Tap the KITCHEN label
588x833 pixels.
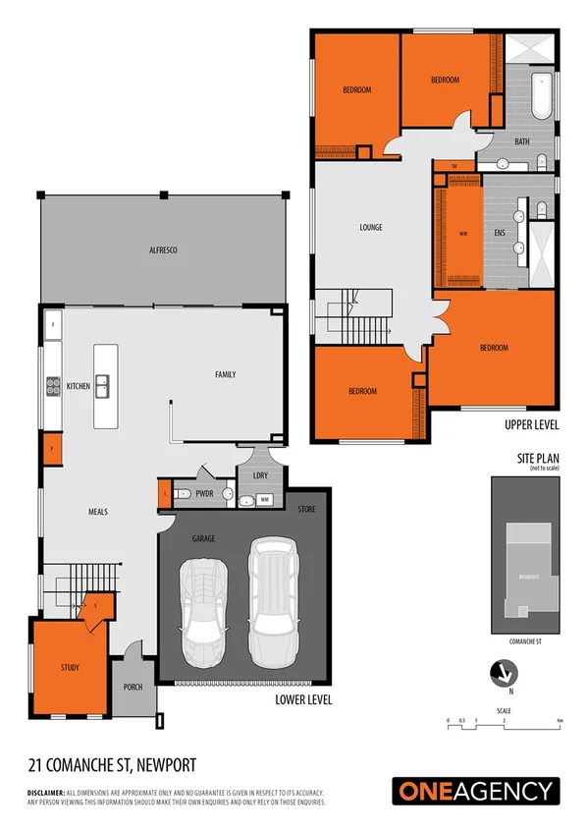click(x=78, y=386)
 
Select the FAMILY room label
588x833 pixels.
click(x=225, y=374)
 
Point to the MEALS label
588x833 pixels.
click(x=97, y=512)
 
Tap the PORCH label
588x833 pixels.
click(x=134, y=687)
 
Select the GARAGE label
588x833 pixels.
click(x=203, y=539)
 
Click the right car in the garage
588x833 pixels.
click(x=273, y=600)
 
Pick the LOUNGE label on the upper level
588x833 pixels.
click(x=370, y=227)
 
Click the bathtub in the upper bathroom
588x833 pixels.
click(x=541, y=95)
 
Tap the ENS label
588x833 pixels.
click(x=499, y=233)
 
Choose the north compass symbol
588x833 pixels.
click(x=504, y=673)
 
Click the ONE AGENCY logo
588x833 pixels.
click(x=476, y=791)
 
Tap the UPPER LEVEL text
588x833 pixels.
click(x=531, y=424)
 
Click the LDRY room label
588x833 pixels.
click(x=259, y=476)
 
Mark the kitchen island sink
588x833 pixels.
click(x=107, y=386)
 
